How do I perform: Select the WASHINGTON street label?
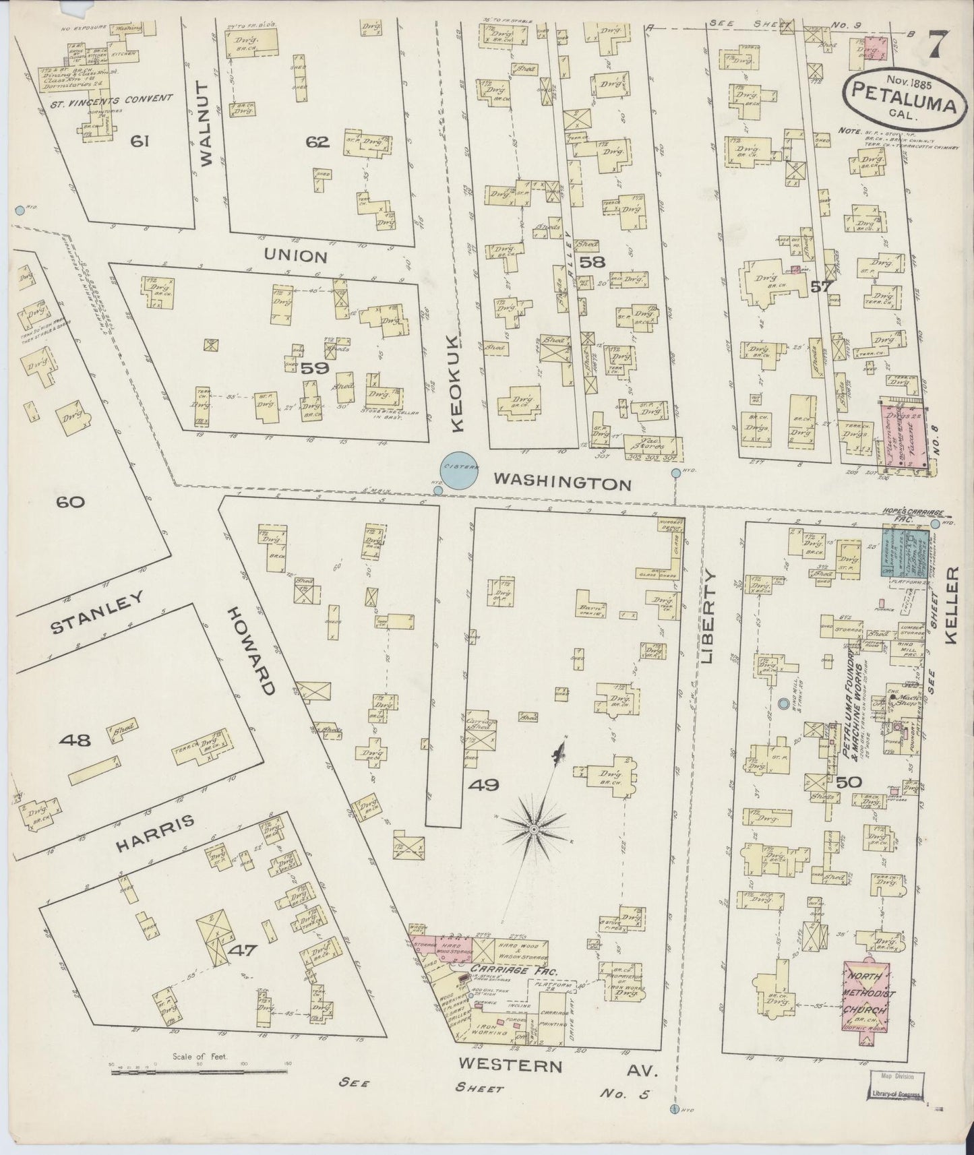point(561,483)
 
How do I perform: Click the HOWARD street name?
point(251,650)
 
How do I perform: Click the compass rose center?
point(533,827)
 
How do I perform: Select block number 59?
point(314,368)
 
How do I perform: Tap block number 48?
point(74,741)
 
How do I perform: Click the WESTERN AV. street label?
point(556,1066)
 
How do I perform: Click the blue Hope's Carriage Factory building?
point(907,552)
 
